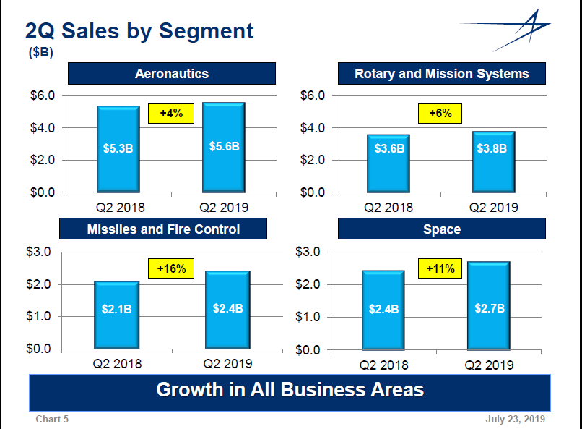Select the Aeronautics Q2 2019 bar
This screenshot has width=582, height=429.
click(x=224, y=148)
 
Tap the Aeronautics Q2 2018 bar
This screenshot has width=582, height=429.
click(x=118, y=149)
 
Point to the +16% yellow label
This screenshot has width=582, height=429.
click(x=172, y=268)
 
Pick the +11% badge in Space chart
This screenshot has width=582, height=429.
click(x=440, y=269)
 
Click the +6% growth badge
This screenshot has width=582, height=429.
click(x=440, y=114)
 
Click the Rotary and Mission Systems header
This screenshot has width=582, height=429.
click(x=441, y=74)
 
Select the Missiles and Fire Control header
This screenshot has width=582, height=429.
click(x=163, y=229)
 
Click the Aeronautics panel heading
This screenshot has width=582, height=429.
click(x=172, y=74)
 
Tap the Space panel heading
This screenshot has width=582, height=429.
click(x=441, y=229)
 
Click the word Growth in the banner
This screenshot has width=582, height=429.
click(x=190, y=390)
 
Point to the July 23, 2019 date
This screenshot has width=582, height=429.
click(x=516, y=419)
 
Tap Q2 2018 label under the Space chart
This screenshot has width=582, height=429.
click(x=383, y=365)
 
